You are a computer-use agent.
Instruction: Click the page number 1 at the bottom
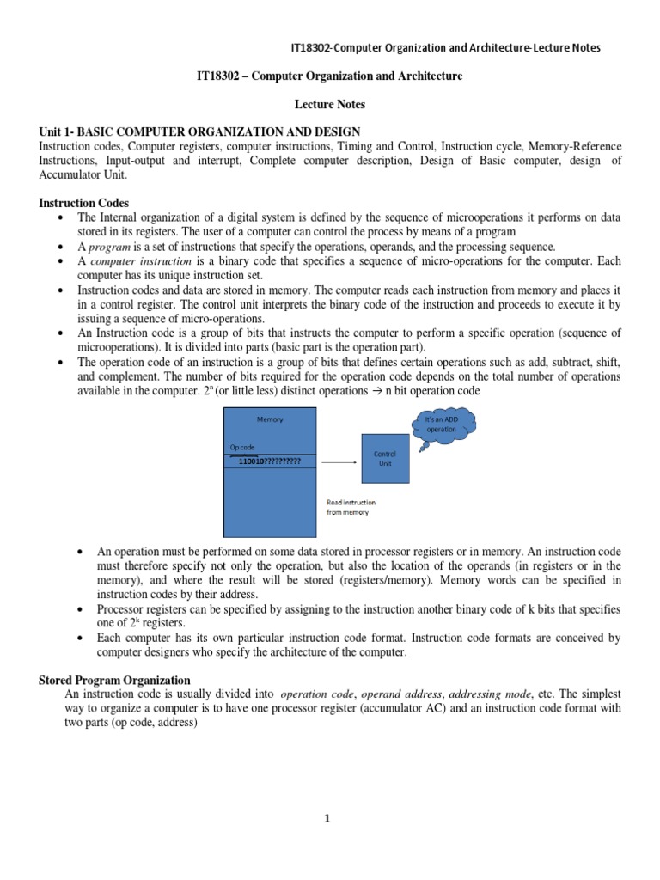click(327, 819)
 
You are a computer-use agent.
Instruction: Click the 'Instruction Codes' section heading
click(83, 203)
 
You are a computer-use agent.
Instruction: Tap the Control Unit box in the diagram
click(383, 458)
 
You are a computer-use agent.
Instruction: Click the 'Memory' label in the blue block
click(270, 419)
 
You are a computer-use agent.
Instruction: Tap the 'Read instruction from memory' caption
click(351, 507)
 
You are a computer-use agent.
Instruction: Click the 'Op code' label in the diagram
click(242, 448)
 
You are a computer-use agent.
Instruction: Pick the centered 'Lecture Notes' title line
click(330, 104)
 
